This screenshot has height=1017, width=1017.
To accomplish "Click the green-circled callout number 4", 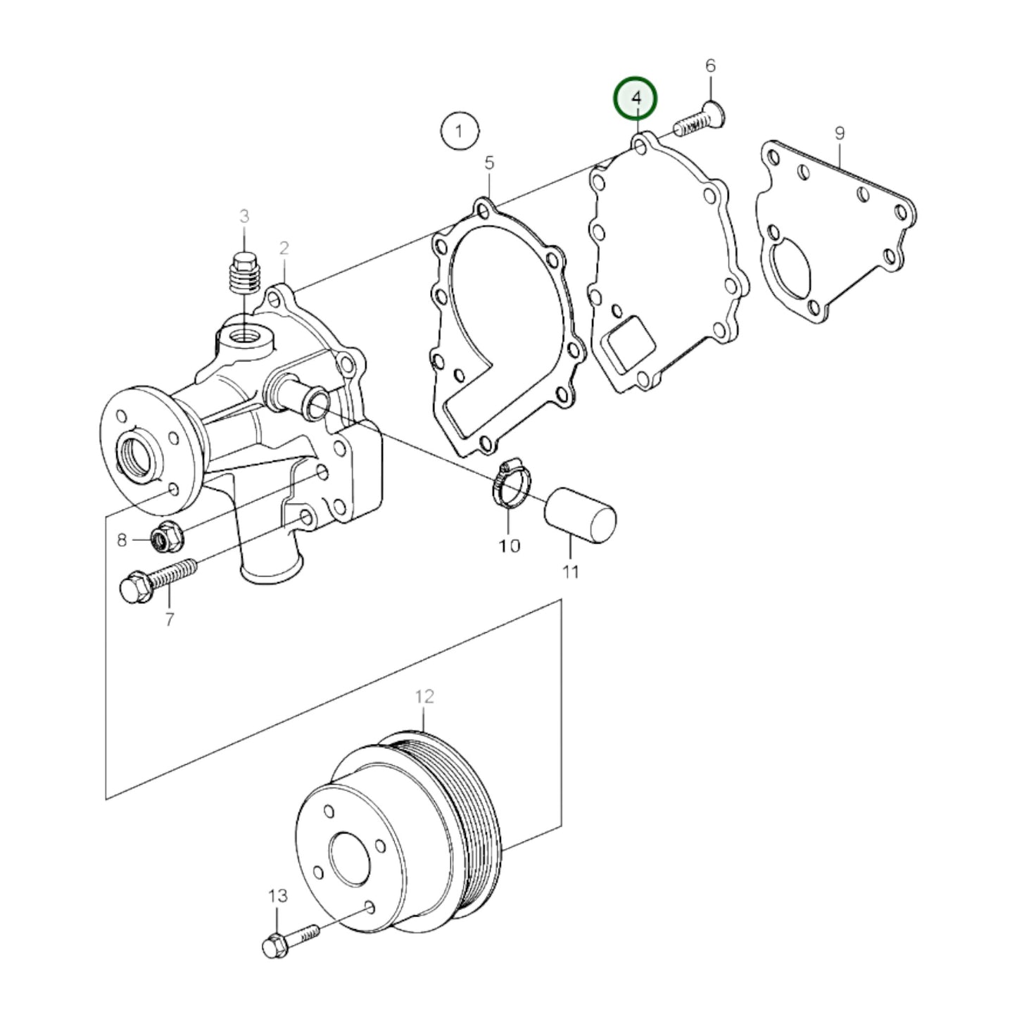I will point(636,99).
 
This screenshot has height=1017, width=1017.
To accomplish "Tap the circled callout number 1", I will point(460,131).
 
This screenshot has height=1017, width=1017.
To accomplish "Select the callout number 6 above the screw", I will point(710,66).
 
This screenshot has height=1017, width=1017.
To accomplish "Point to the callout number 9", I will point(839,133).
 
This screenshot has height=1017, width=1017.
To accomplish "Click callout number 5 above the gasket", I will point(489,163).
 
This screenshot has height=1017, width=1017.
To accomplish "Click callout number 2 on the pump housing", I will point(284,248).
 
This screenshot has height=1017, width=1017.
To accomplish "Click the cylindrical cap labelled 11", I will point(581,515).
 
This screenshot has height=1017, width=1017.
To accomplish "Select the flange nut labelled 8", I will point(167,539).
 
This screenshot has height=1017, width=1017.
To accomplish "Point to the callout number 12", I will point(424,697).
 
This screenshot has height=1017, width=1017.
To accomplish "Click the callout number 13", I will point(277,896).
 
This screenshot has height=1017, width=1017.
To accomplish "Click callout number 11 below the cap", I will point(570,571).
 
